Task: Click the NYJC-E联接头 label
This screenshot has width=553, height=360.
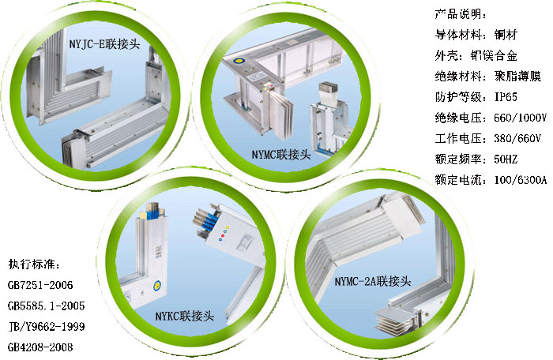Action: coord(104,44)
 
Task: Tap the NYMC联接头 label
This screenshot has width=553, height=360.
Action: coord(281,155)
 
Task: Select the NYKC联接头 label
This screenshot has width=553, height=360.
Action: coord(185,316)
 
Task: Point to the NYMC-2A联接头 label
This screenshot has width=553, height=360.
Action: coord(373,281)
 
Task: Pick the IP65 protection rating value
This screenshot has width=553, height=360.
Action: coord(506,96)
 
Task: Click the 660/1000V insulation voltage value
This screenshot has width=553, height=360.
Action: coord(520,118)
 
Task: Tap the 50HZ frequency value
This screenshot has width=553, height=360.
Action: coord(506,159)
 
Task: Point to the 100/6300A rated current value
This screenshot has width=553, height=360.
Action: coord(520,180)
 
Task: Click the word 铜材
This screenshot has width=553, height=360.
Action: coord(506,35)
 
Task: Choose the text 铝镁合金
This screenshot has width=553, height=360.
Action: coord(494,55)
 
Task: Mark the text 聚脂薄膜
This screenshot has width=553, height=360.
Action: coord(517,76)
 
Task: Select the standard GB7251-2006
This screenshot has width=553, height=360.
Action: coord(40,285)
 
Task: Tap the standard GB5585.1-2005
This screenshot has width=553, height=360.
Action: coord(46,306)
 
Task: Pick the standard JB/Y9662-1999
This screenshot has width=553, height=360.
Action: coord(46,327)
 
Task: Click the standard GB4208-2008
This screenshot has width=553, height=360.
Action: coord(40,347)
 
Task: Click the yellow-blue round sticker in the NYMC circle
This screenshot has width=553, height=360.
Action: coord(239,61)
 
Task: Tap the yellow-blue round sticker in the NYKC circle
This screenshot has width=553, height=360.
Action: coord(157,285)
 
